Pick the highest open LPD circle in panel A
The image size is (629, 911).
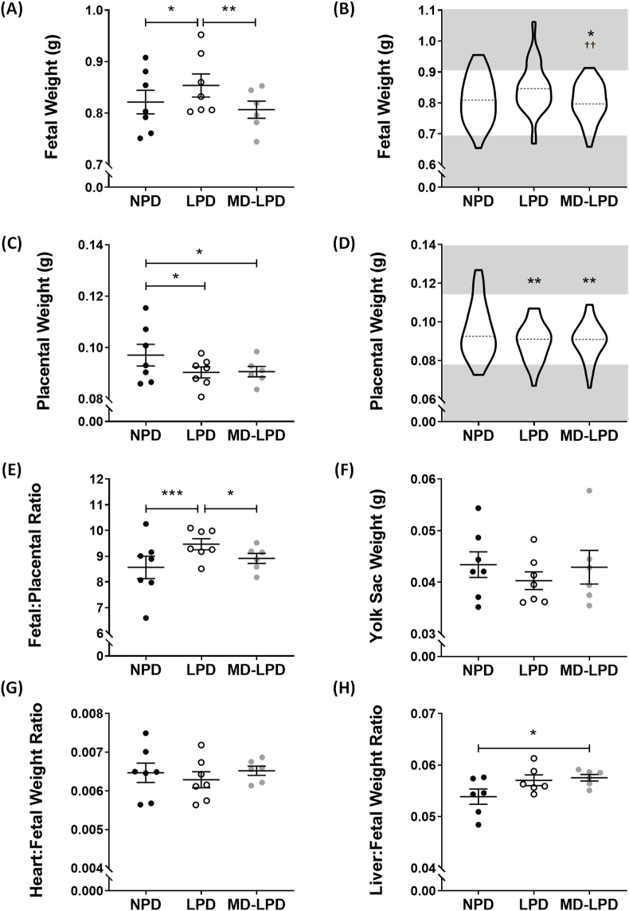202,34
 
